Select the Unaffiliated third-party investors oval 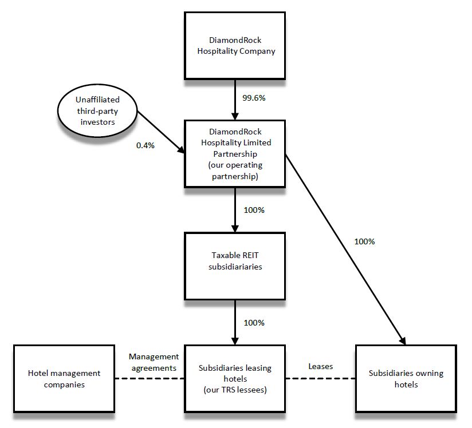click(97, 111)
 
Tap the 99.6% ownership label click(254, 98)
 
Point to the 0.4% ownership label click(145, 146)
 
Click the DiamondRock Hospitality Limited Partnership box click(234, 153)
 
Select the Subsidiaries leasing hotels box click(234, 378)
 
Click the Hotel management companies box click(64, 378)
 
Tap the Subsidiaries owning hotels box click(406, 378)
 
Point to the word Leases click(320, 366)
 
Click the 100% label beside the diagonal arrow click(364, 241)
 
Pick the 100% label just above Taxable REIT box click(254, 210)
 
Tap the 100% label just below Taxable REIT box click(254, 323)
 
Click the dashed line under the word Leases click(320, 378)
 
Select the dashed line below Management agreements click(149, 378)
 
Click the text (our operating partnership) click(235, 171)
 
